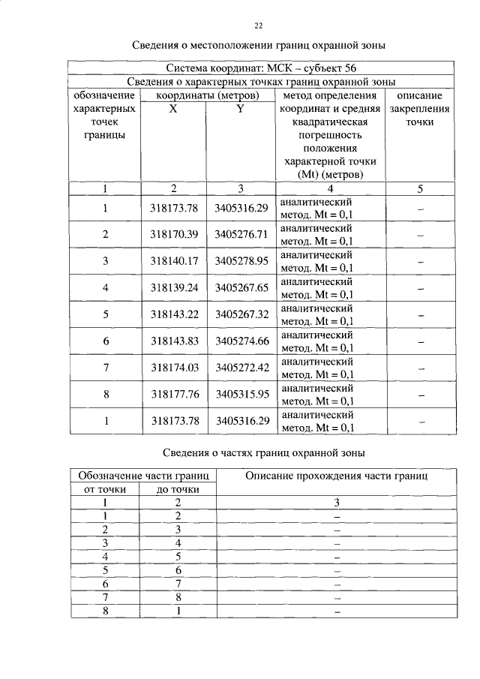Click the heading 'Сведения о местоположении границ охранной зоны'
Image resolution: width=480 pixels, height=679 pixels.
pos(259,46)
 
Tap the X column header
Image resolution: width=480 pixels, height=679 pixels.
pos(173,109)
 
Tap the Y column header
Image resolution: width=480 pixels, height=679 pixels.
pos(240,109)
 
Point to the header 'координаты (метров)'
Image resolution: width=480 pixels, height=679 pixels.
pos(208,95)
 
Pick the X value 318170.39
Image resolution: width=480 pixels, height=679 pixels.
pos(173,234)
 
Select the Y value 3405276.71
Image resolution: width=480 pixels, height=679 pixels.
pos(241,234)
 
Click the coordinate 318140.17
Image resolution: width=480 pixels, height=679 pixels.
pos(173,261)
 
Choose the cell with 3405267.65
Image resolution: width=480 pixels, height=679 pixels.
pos(241,287)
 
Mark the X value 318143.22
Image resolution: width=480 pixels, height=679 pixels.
pos(173,314)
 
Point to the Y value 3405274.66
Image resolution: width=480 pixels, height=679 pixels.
pos(241,341)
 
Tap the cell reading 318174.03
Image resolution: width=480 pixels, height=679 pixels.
pos(173,367)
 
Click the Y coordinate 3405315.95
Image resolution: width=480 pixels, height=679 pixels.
pos(241,394)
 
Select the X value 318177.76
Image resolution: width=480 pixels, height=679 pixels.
pos(173,394)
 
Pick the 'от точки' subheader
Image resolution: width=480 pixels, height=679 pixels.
pos(106,490)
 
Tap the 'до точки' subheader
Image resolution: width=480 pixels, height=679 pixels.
pos(178,490)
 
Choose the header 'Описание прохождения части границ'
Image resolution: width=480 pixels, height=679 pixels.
pos(337,475)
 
